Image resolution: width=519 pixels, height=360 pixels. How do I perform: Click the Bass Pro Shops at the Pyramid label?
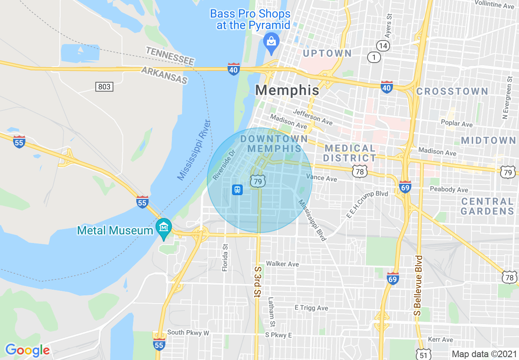click(x=250, y=20)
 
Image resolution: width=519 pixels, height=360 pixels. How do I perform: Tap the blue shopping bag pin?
click(x=271, y=42)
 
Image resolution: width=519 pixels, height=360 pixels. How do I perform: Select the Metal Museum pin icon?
click(x=164, y=227)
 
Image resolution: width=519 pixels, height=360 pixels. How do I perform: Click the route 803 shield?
click(x=104, y=86)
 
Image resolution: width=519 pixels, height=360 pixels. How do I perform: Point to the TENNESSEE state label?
click(x=170, y=56)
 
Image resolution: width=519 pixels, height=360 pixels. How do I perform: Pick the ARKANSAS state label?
click(x=164, y=75)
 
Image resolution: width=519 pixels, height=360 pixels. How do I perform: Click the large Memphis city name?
click(x=287, y=90)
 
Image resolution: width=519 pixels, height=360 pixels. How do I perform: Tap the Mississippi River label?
click(x=194, y=150)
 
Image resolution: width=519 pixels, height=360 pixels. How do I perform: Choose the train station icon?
click(x=237, y=189)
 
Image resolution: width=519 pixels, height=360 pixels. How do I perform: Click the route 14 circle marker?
click(x=383, y=45)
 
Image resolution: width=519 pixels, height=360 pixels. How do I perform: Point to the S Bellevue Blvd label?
click(x=417, y=285)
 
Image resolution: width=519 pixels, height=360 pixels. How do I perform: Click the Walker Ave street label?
click(x=282, y=264)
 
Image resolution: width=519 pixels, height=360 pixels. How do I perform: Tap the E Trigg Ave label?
click(x=311, y=308)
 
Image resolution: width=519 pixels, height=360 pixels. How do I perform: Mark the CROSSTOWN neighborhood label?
click(x=452, y=91)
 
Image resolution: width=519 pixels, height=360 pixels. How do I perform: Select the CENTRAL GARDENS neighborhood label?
click(x=487, y=206)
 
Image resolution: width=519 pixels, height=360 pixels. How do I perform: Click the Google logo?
click(x=27, y=351)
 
